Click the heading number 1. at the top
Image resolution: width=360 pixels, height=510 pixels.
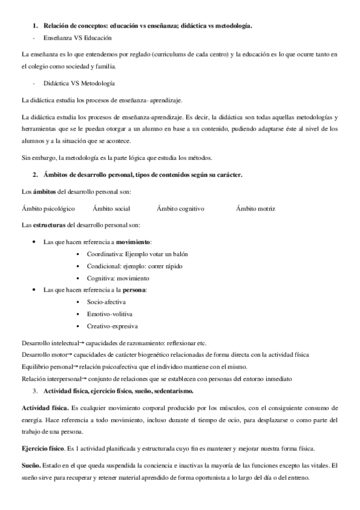(35, 25)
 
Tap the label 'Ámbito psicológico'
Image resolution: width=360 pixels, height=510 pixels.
(48, 208)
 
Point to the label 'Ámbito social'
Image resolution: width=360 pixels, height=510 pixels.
(111, 208)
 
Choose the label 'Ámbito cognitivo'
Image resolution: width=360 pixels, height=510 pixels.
(180, 208)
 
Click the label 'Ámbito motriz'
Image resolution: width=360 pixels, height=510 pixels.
(255, 208)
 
